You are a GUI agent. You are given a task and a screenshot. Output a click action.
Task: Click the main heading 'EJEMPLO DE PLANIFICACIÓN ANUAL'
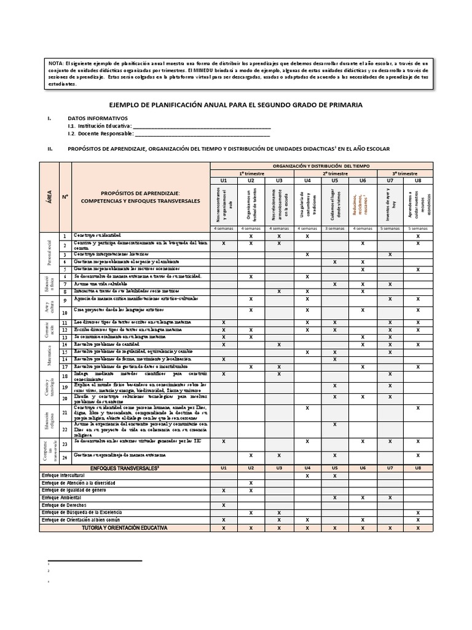point(235,105)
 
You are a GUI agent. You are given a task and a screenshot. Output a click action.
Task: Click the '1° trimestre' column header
point(251,173)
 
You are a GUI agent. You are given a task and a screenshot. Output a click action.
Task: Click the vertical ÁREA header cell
point(49,196)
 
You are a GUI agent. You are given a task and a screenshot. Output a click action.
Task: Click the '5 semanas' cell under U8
point(419,228)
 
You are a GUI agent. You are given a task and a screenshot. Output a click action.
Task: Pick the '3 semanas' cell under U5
point(335,228)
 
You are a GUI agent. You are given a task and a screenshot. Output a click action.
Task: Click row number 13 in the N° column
point(65,337)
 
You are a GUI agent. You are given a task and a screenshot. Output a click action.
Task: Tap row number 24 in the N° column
point(65,455)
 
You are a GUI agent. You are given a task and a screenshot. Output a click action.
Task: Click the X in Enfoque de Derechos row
point(224,504)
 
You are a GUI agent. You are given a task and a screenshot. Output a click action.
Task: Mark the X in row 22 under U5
point(335,425)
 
